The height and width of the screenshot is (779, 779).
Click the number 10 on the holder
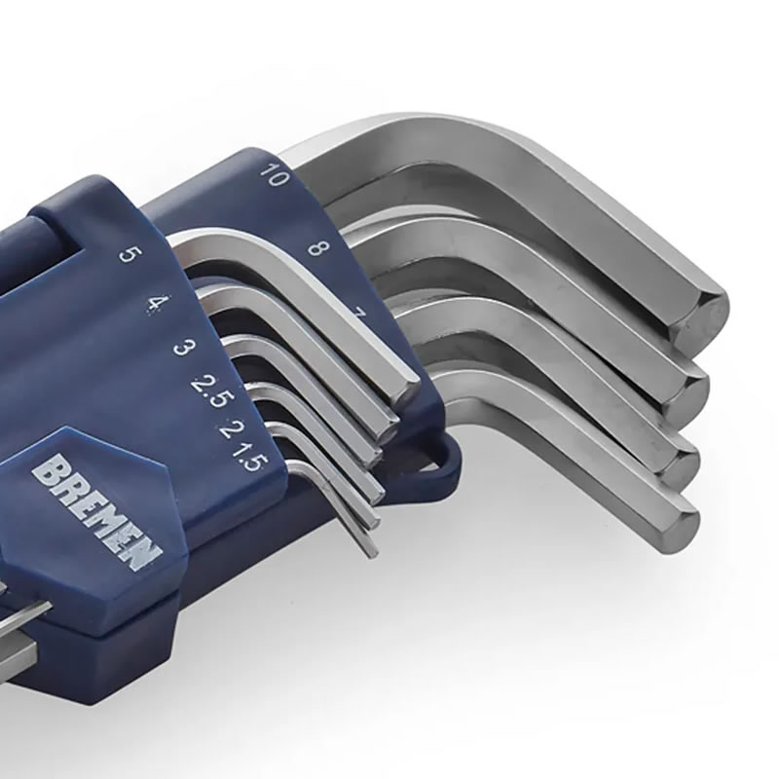coord(275,174)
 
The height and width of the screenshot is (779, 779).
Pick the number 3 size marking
coord(184,347)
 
